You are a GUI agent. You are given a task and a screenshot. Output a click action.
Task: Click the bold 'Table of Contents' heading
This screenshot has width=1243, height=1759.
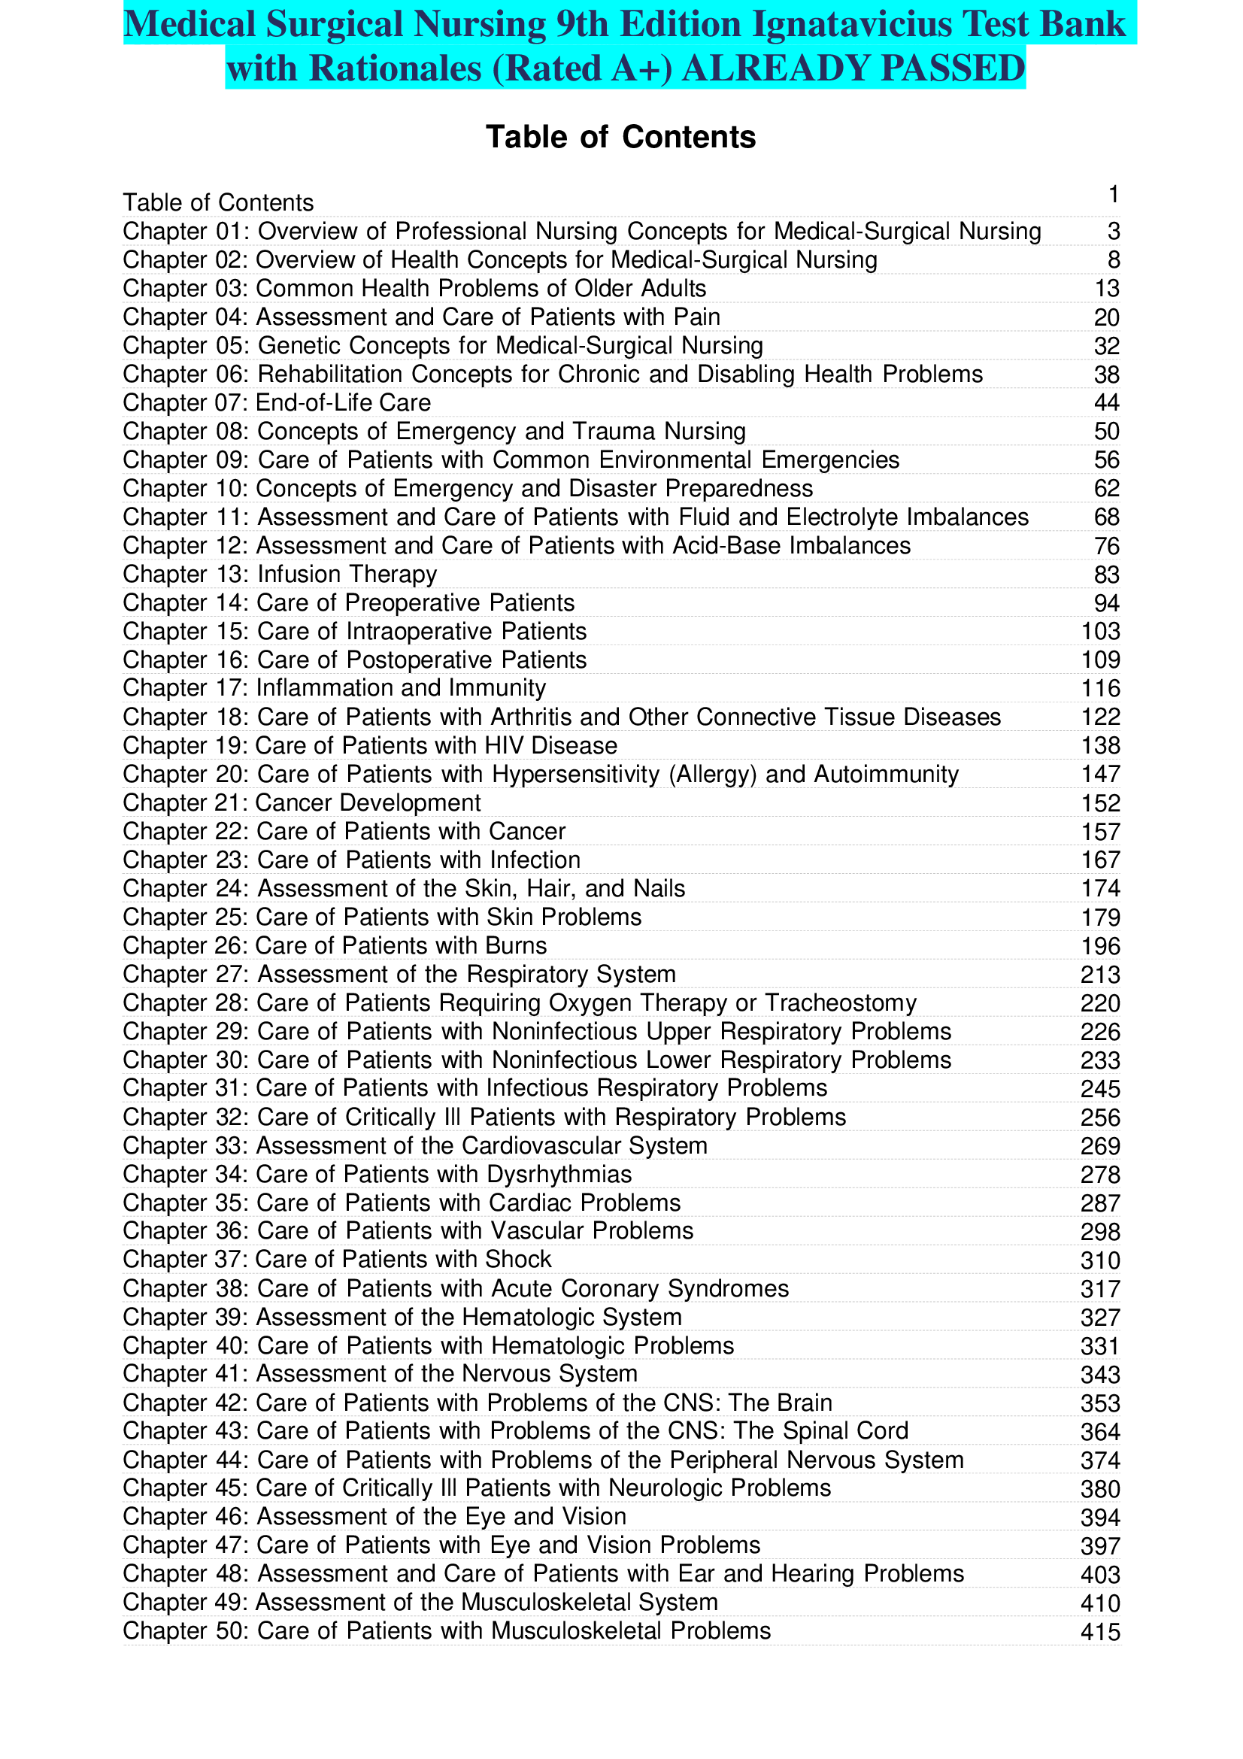[x=620, y=137]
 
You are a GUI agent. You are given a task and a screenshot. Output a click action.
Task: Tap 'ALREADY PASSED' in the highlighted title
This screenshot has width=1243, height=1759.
[x=853, y=68]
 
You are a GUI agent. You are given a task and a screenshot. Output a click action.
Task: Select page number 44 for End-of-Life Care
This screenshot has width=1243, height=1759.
[x=1106, y=403]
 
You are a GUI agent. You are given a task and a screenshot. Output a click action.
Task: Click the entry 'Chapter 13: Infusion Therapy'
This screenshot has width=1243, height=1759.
[x=280, y=575]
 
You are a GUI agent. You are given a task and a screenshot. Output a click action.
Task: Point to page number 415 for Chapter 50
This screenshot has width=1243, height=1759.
[x=1100, y=1633]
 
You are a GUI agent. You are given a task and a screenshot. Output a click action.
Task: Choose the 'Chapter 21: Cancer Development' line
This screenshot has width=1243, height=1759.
[x=302, y=803]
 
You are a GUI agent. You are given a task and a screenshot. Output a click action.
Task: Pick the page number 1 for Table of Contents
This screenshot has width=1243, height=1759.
[x=1114, y=195]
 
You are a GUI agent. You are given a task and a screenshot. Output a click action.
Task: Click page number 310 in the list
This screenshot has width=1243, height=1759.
[x=1100, y=1260]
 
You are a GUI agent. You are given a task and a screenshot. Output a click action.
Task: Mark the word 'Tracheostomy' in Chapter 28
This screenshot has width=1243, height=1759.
[x=840, y=1003]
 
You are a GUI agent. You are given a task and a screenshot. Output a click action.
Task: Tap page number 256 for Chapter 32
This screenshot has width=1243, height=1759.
[x=1100, y=1118]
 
